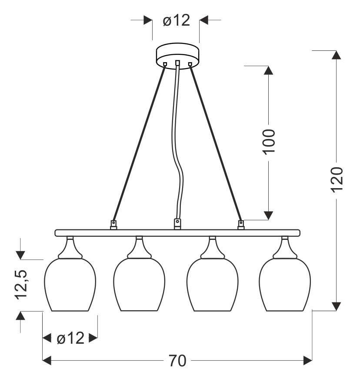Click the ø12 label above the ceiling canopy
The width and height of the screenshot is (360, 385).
pyautogui.click(x=177, y=20)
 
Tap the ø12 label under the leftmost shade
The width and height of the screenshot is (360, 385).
pyautogui.click(x=70, y=338)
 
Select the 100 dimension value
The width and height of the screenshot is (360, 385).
pyautogui.click(x=269, y=141)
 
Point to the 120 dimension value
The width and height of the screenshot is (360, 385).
pyautogui.click(x=337, y=178)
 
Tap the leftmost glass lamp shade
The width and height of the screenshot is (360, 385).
pyautogui.click(x=70, y=285)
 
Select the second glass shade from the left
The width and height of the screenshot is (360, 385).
pyautogui.click(x=139, y=285)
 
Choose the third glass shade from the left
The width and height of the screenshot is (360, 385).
pyautogui.click(x=212, y=285)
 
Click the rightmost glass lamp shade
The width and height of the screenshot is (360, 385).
pyautogui.click(x=285, y=285)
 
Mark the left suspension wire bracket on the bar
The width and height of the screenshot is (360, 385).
pyautogui.click(x=113, y=224)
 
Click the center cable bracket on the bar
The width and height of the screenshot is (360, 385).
pyautogui.click(x=177, y=223)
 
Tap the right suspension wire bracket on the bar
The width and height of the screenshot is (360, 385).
pyautogui.click(x=240, y=224)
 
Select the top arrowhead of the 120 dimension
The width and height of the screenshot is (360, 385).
pyautogui.click(x=337, y=55)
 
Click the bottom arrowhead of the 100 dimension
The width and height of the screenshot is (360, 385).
pyautogui.click(x=268, y=215)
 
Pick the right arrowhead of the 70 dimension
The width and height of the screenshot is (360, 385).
pyautogui.click(x=308, y=360)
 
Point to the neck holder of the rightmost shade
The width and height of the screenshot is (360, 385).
pyautogui.click(x=285, y=248)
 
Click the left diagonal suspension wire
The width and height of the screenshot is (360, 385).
pyautogui.click(x=139, y=143)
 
